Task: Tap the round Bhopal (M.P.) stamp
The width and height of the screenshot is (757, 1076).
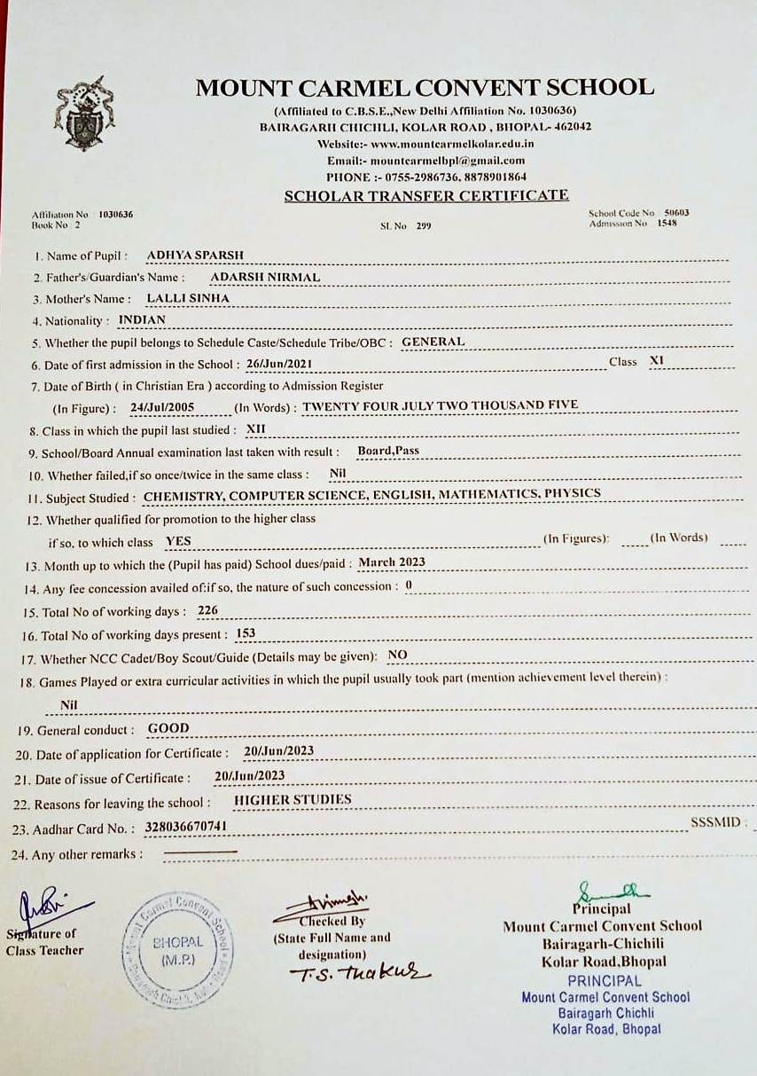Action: [177, 950]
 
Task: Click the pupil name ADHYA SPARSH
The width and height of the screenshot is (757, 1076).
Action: [195, 255]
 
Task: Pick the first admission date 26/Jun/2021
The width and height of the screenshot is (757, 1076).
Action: [280, 364]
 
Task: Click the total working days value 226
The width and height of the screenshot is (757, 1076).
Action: [207, 610]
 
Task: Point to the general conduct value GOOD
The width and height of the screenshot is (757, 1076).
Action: [168, 728]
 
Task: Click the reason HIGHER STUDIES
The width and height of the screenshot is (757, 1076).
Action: [293, 800]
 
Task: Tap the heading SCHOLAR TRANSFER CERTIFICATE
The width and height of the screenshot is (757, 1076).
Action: [426, 196]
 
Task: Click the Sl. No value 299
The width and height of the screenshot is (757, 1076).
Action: [423, 226]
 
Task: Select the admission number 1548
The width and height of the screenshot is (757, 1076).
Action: [667, 224]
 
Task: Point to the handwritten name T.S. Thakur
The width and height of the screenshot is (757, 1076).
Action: [359, 971]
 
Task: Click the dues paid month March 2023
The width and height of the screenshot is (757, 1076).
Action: [392, 562]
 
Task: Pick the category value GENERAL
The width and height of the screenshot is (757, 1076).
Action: [433, 342]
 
